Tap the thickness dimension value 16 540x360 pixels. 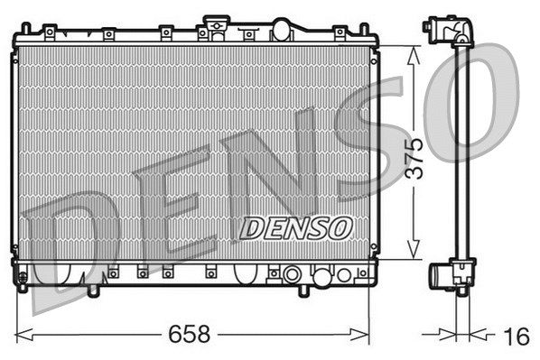point(515,337)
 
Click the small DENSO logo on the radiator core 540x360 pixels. point(295,227)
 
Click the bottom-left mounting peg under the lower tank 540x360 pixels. point(94,291)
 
